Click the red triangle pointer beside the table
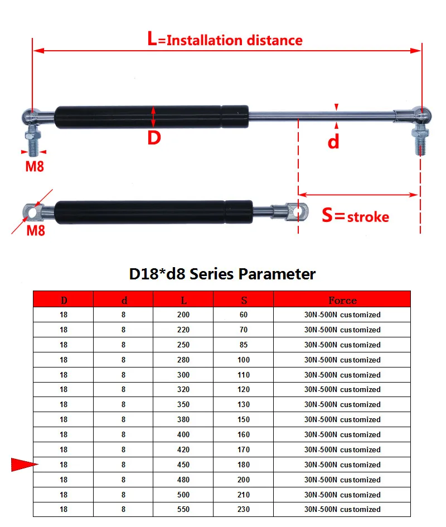(24, 465)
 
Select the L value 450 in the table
(183, 465)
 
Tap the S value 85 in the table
(244, 345)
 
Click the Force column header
(342, 300)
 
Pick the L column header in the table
(183, 300)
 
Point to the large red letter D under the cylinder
(154, 137)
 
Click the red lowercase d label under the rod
(333, 142)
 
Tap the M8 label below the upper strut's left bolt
(35, 166)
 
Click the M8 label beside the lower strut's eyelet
(36, 230)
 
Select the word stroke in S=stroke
(368, 217)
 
